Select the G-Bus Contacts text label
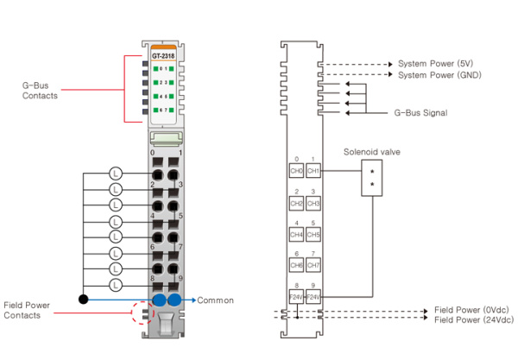tap(40, 91)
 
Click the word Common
tap(216, 300)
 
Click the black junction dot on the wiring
tap(84, 300)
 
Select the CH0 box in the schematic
tap(296, 171)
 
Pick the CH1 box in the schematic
tap(313, 171)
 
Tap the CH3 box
tap(313, 203)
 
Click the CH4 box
tap(296, 234)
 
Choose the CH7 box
tap(313, 265)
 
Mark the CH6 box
tap(296, 265)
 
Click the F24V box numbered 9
tap(313, 296)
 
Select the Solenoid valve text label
tap(373, 152)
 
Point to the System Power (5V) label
tap(435, 64)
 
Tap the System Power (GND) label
tap(438, 75)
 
